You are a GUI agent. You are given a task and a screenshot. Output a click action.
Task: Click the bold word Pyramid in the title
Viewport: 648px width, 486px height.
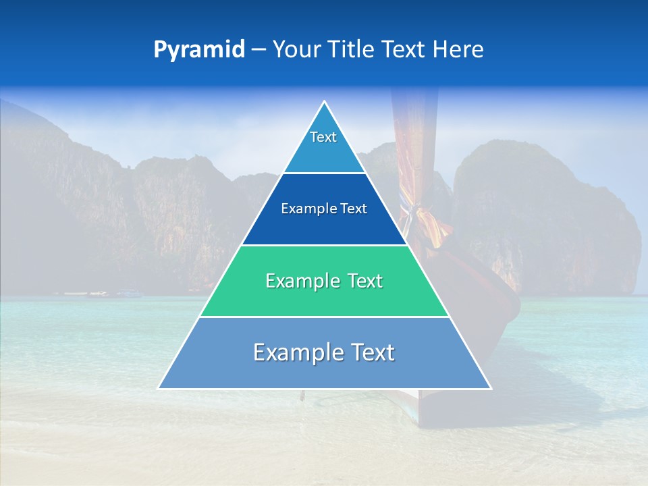[199, 50]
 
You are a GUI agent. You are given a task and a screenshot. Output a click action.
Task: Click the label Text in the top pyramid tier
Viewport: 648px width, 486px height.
[323, 137]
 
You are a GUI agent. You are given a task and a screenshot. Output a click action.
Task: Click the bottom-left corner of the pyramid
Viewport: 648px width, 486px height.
[159, 388]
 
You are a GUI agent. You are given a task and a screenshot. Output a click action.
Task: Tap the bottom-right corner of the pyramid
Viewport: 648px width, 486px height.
[490, 388]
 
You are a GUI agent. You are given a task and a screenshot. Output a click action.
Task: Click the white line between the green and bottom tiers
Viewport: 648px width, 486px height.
[324, 317]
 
